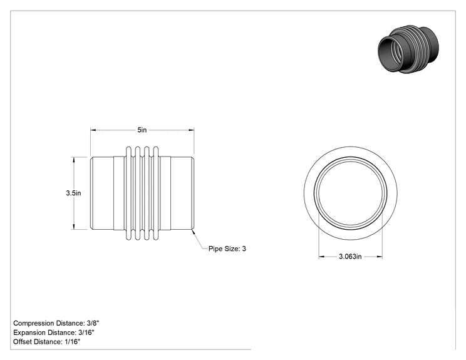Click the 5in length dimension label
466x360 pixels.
[x=142, y=130]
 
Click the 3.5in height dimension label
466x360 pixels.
[x=73, y=193]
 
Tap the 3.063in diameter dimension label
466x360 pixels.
[x=350, y=256]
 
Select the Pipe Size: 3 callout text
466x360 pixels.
[x=227, y=249]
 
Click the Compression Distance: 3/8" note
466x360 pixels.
[x=56, y=323]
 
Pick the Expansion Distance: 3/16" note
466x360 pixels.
[x=54, y=332]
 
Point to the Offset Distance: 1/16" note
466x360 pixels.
[x=46, y=342]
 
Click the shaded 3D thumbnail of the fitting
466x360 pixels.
[x=408, y=49]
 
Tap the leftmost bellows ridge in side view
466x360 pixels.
[x=128, y=193]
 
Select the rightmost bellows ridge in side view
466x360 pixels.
[x=156, y=193]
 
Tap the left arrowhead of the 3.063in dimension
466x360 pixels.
[x=321, y=256]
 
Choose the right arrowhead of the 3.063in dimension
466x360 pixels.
[x=379, y=256]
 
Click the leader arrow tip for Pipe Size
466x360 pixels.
[x=193, y=230]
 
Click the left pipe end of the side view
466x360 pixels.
[x=102, y=193]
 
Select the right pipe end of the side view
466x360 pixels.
[x=182, y=193]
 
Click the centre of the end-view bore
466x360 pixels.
[x=350, y=193]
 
